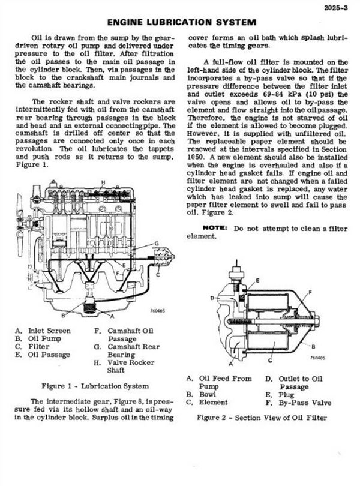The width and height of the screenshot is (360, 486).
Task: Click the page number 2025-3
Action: pos(335,8)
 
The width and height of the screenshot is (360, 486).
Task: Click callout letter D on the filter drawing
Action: pos(212,297)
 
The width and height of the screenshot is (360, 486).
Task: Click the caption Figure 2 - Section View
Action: pos(262,417)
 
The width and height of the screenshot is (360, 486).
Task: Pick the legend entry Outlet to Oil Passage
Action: pos(295,383)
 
